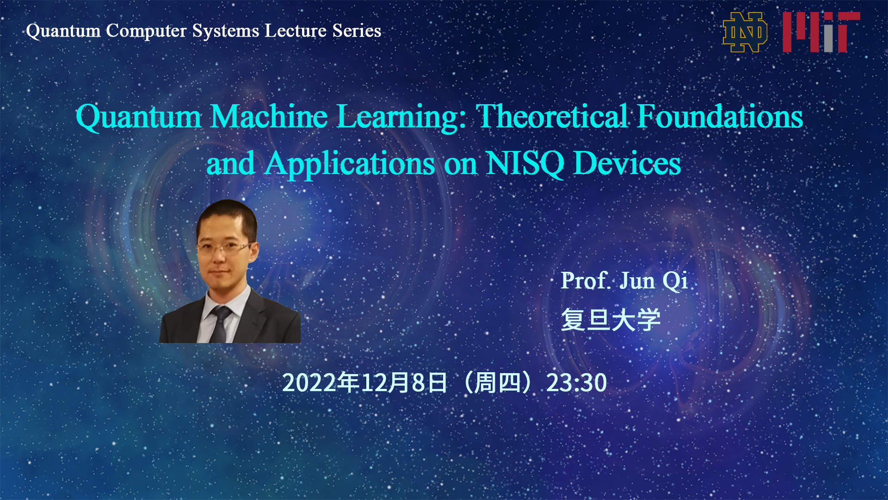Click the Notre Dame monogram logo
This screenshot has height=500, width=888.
[745, 32]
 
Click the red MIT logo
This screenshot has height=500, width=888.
[821, 32]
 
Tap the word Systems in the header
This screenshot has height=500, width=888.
[226, 31]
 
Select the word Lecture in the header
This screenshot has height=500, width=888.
[296, 31]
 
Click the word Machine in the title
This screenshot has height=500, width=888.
[269, 116]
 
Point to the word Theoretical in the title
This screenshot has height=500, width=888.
[552, 116]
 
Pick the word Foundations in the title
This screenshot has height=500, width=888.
[720, 116]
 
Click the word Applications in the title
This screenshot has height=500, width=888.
[350, 164]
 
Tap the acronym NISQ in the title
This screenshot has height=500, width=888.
[525, 164]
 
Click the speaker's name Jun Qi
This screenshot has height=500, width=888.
[654, 281]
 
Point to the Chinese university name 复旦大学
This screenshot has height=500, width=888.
[610, 320]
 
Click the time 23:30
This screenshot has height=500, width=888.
[576, 383]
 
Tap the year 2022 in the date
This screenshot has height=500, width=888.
[309, 383]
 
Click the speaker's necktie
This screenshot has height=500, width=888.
[219, 324]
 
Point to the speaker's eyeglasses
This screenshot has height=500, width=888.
[225, 248]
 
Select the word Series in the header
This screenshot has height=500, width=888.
[357, 31]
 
